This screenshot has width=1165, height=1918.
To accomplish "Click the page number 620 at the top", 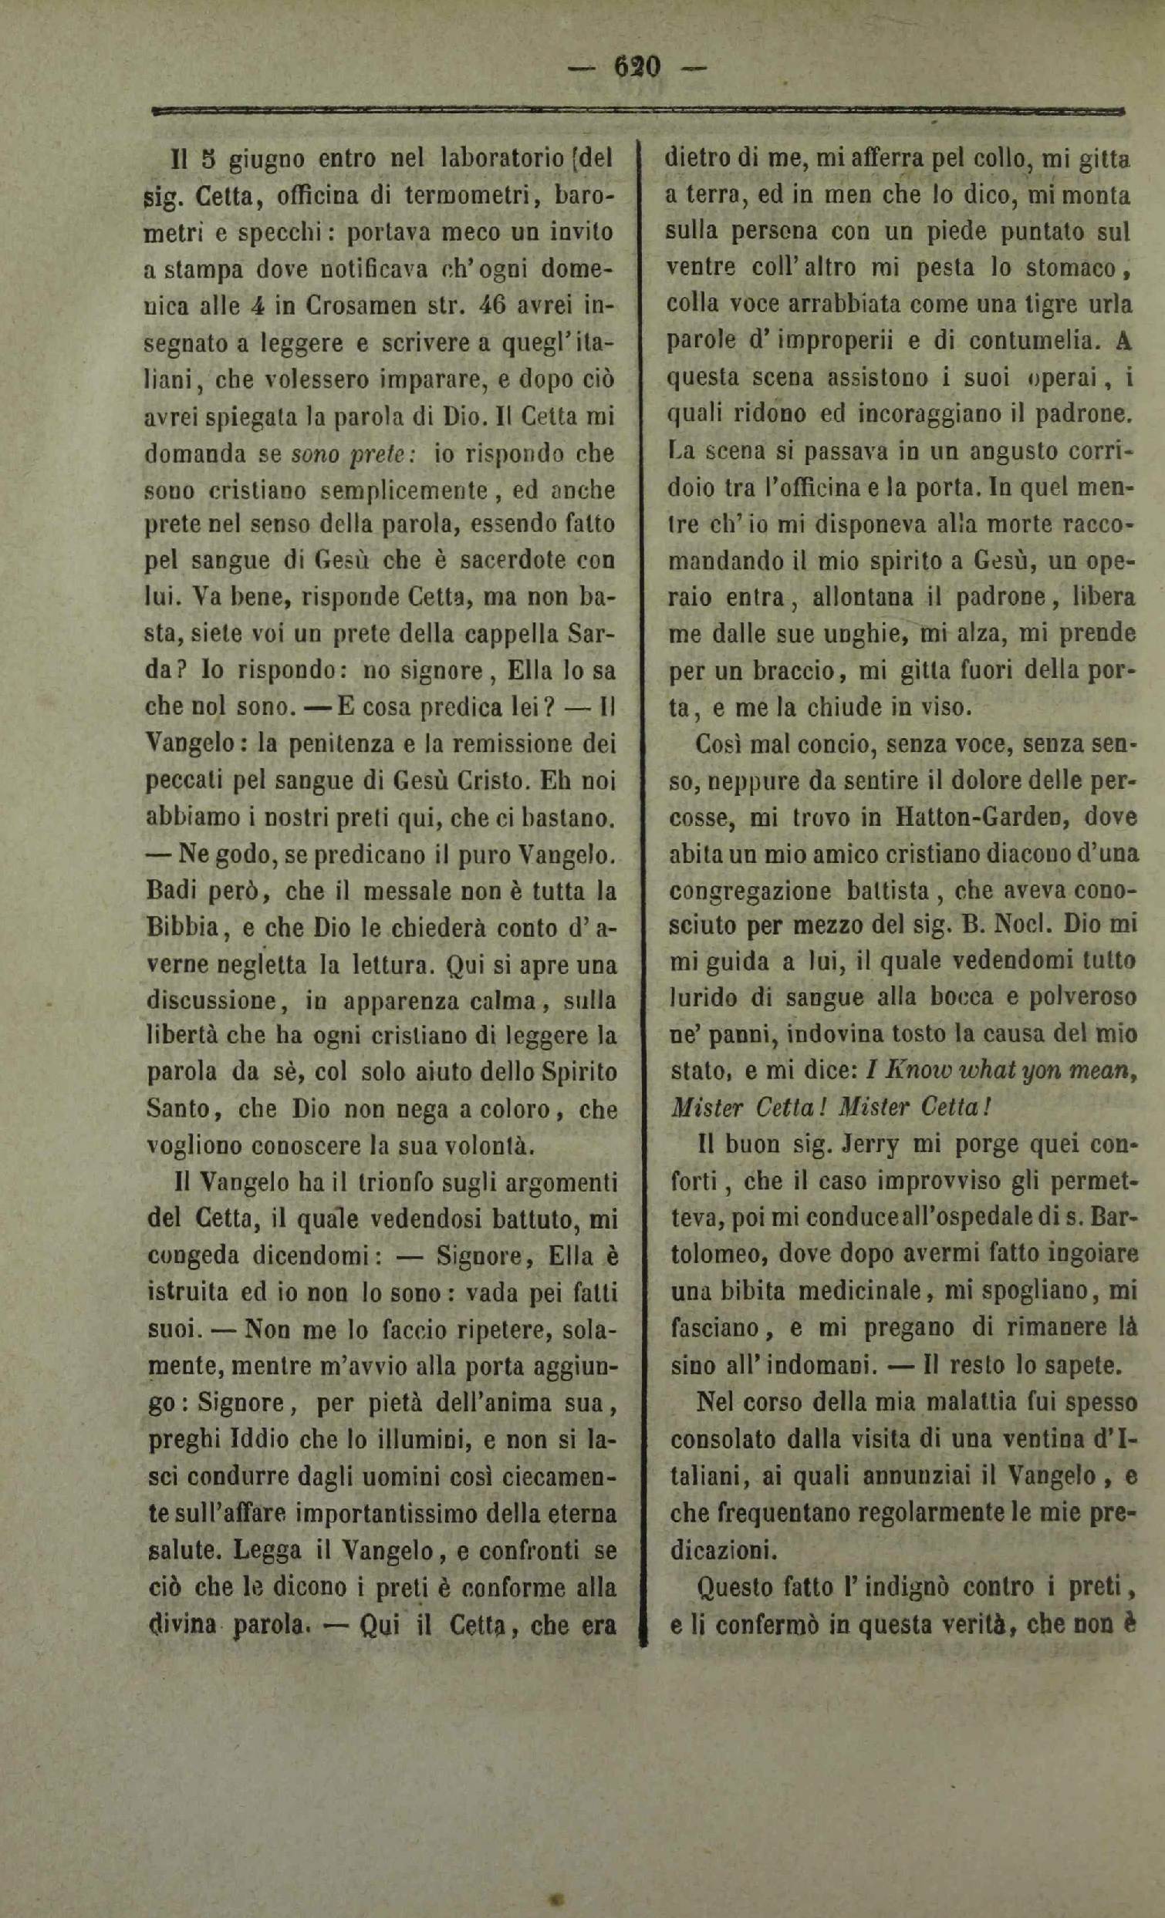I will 637,66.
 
